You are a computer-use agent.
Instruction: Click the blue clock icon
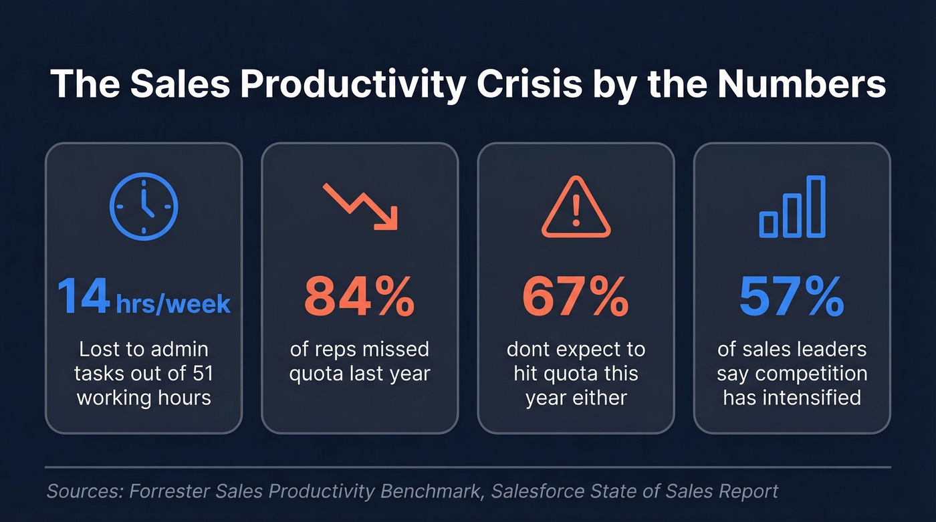click(x=144, y=207)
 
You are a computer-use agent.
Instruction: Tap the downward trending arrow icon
click(x=360, y=207)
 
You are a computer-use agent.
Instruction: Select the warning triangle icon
click(x=576, y=209)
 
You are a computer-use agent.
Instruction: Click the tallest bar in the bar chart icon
click(x=816, y=206)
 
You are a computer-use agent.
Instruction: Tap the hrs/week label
click(x=173, y=305)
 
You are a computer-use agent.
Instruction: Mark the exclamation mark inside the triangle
click(x=576, y=213)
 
